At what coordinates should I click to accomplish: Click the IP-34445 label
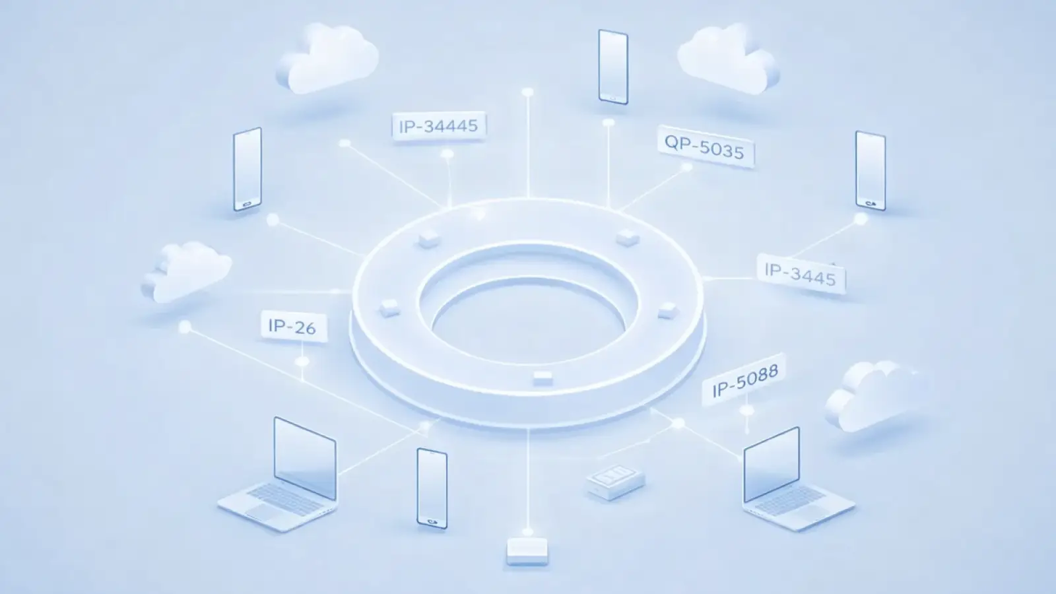click(x=439, y=125)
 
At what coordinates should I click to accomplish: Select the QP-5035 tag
click(x=705, y=148)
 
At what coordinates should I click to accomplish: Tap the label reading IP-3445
click(x=800, y=273)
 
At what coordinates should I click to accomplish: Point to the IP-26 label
click(x=292, y=326)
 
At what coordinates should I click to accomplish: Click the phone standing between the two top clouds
click(x=612, y=66)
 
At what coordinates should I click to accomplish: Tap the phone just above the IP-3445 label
click(x=870, y=170)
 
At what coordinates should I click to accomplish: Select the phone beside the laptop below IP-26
click(x=432, y=488)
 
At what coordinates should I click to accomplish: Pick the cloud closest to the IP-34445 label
click(x=327, y=59)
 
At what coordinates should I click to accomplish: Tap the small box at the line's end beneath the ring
click(x=527, y=551)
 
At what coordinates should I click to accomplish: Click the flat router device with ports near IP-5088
click(x=615, y=482)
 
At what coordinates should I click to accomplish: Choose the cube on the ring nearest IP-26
click(x=389, y=307)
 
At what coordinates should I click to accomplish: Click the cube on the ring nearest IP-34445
click(x=428, y=238)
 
